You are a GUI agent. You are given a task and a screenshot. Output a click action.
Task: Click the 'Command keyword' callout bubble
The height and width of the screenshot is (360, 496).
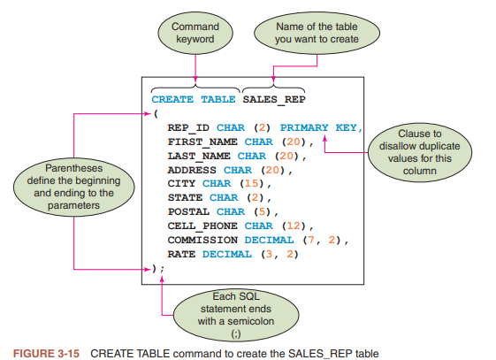(195, 33)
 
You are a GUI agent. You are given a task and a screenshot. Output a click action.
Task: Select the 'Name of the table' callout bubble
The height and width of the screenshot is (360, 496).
(317, 33)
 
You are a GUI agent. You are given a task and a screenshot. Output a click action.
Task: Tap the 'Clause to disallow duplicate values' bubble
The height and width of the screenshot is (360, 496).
(420, 152)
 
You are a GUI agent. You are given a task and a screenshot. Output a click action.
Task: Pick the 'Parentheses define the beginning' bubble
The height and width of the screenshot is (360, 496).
(73, 187)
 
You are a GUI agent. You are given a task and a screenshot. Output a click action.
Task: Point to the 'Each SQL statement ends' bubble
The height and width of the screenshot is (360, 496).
(236, 315)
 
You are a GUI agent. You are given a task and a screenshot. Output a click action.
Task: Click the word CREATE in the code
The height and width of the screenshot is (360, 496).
(172, 99)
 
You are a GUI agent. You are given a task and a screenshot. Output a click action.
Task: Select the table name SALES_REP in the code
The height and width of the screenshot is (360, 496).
(274, 100)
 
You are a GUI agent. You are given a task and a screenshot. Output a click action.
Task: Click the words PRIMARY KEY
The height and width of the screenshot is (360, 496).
(318, 127)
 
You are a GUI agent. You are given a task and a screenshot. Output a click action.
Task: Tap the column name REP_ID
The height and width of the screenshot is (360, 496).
(188, 127)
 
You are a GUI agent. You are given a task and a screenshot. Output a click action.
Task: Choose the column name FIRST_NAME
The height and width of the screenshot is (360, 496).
(202, 142)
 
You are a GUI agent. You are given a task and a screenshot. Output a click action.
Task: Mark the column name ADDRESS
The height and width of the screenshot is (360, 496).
(192, 170)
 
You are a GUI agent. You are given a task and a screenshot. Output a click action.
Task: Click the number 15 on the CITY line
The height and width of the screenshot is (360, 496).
(252, 183)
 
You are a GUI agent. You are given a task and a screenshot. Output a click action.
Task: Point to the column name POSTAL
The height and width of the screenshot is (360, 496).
(188, 211)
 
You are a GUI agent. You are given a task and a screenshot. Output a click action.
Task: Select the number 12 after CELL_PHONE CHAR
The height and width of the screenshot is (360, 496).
(294, 226)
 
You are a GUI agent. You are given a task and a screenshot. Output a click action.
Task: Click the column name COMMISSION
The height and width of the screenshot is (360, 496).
(202, 240)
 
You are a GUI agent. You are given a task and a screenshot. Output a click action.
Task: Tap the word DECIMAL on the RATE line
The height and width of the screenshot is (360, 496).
(227, 254)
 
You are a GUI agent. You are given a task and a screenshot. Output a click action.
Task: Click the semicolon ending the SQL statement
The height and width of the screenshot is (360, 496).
(163, 269)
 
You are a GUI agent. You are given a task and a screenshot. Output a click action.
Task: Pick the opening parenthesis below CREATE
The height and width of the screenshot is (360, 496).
(156, 113)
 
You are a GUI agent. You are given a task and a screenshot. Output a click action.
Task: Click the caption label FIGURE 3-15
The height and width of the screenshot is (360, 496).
(46, 353)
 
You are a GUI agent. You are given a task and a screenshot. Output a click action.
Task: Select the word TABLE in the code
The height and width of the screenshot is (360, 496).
(218, 99)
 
